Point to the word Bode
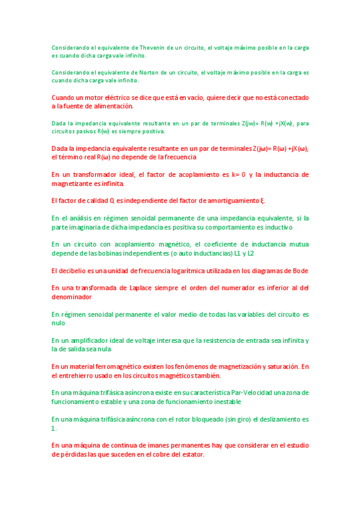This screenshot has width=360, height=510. pyautogui.click(x=300, y=271)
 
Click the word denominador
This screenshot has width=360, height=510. pyautogui.click(x=72, y=297)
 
